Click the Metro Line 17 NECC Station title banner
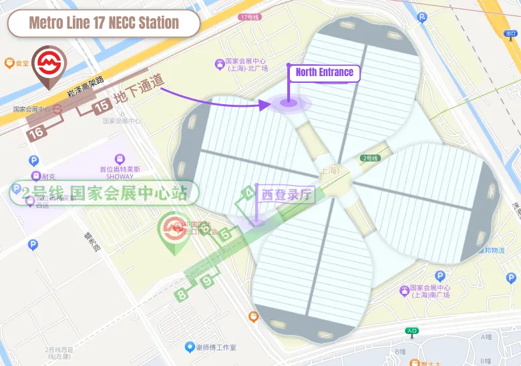(x=104, y=23)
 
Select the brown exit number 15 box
(x=102, y=106)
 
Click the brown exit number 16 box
(x=37, y=132)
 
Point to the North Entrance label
(x=325, y=72)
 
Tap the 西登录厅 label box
(x=287, y=195)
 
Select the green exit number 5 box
(x=226, y=234)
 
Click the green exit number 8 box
(x=182, y=293)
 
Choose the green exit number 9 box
(x=208, y=281)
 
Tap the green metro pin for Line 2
(x=172, y=232)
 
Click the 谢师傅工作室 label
(x=210, y=347)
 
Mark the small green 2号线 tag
(x=370, y=158)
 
